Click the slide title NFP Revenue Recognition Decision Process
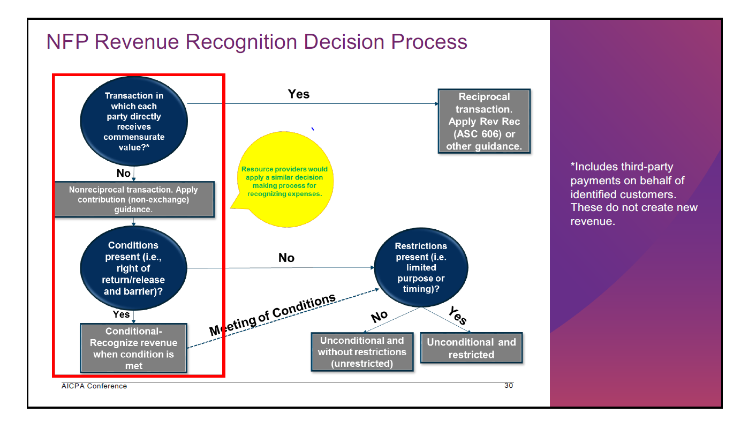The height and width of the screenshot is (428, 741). [x=256, y=42]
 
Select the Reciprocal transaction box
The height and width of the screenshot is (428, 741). [x=484, y=122]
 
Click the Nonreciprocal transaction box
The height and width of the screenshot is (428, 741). [x=134, y=200]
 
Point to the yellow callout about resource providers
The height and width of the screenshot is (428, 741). [x=284, y=182]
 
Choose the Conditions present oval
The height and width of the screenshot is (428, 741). [x=134, y=268]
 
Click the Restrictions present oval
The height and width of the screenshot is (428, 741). [x=421, y=267]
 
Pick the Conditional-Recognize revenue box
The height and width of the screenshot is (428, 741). [x=134, y=348]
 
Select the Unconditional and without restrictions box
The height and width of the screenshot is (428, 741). [x=362, y=352]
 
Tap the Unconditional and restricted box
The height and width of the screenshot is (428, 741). [x=471, y=348]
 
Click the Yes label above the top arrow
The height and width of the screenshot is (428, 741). [x=299, y=94]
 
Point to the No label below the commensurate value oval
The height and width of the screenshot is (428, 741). [x=123, y=174]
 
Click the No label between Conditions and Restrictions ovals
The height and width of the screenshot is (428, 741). [x=286, y=258]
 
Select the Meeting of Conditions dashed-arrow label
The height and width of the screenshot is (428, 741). [x=273, y=314]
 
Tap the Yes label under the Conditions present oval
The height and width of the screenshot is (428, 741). [x=121, y=314]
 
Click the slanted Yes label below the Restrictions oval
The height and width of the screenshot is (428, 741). [x=457, y=316]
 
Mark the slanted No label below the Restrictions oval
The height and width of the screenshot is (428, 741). [x=379, y=316]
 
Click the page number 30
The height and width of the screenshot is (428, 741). [x=509, y=386]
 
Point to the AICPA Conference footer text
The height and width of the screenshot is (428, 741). [x=94, y=386]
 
